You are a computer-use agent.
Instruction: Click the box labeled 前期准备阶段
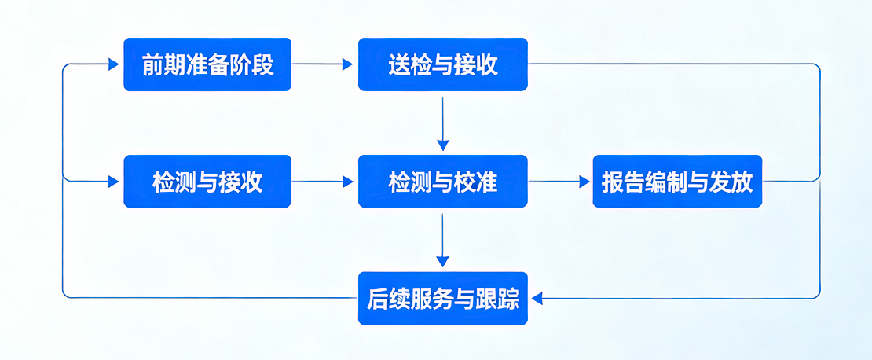coord(207,64)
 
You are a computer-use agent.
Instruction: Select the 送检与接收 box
coord(442,64)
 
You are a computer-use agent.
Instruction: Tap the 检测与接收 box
coord(207,182)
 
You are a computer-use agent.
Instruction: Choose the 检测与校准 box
coord(442,182)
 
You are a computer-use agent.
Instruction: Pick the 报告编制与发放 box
coord(677,182)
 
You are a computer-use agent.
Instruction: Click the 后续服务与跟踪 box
coord(442,298)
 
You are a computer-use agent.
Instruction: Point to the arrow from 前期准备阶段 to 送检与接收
coord(324,64)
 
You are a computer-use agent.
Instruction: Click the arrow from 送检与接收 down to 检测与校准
coord(443,123)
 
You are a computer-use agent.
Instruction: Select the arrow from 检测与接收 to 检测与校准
coord(324,182)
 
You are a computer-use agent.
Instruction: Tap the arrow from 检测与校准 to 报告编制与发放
coord(559,182)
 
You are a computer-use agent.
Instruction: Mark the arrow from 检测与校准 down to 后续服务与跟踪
coord(443,240)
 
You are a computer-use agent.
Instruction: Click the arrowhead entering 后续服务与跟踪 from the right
coord(537,298)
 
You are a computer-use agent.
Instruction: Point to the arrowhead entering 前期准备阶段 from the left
coord(114,64)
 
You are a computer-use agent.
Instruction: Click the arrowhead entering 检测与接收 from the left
coord(114,182)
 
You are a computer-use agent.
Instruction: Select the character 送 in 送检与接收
coord(398,64)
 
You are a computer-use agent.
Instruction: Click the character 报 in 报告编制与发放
coord(613,182)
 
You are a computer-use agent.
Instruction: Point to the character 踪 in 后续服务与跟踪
coord(509,298)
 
